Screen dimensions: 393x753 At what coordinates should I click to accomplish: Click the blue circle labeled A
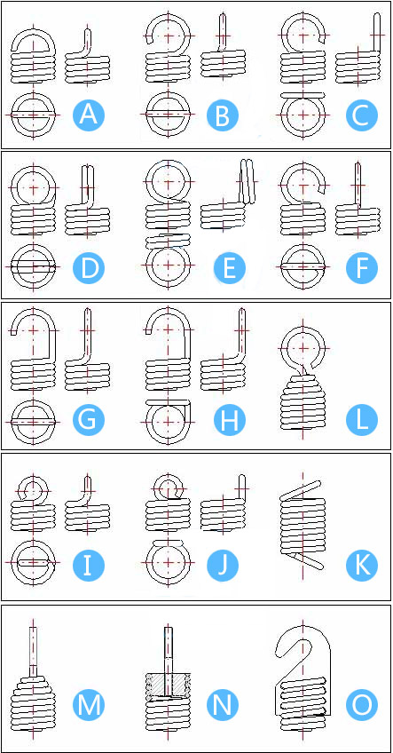point(89,115)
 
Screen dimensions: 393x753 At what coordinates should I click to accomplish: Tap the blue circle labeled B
point(223,115)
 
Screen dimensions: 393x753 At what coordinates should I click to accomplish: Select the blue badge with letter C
point(362,115)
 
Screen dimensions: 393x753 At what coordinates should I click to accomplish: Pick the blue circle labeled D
point(89,268)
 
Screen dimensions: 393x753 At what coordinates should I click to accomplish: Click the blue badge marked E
point(230,268)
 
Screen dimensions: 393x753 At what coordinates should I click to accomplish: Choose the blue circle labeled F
point(362,268)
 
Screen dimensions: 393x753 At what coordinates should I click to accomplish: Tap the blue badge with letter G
point(89,420)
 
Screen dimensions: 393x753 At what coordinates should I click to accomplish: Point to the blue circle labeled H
point(230,420)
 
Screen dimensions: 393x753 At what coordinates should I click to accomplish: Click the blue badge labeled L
point(362,420)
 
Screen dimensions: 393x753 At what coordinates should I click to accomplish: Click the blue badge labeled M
point(89,705)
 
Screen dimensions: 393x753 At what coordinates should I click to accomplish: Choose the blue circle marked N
point(223,705)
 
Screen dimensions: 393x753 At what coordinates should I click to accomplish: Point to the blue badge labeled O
point(362,705)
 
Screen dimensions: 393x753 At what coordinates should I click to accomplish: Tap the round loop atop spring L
point(287,347)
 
